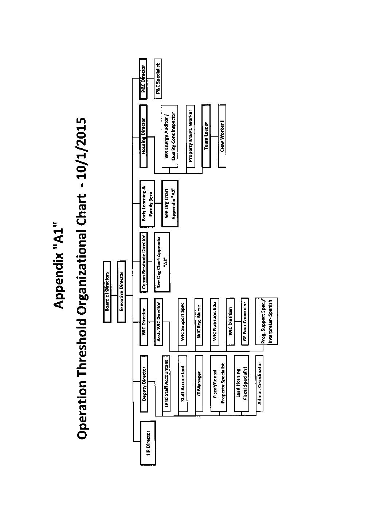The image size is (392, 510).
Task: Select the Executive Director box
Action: (121, 291)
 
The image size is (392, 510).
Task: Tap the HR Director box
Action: (148, 443)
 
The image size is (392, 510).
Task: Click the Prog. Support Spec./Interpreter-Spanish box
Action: (267, 321)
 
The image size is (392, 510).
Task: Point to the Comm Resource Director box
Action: (144, 262)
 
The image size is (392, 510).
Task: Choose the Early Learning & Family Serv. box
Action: (147, 203)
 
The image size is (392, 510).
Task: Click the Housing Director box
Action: (144, 136)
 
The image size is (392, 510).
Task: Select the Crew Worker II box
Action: (222, 136)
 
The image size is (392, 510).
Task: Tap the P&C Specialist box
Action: (158, 79)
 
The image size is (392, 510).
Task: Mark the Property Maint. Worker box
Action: (191, 136)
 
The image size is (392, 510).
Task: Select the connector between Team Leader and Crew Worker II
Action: (214, 136)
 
